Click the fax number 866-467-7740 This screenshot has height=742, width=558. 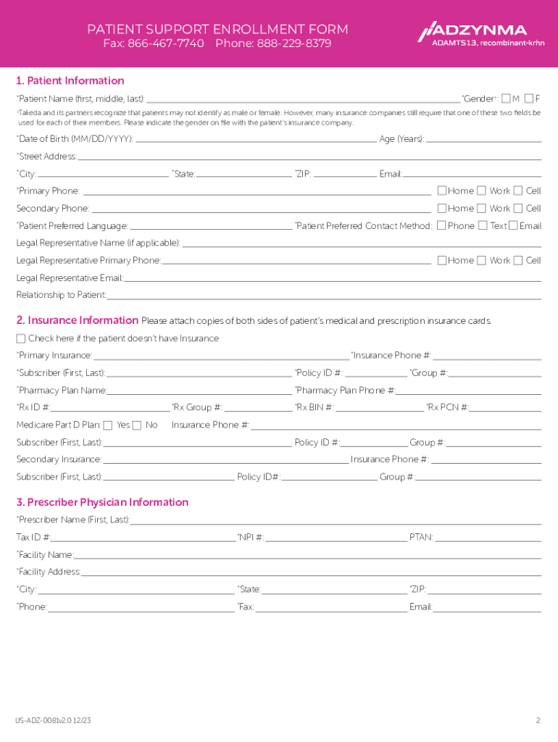[165, 43]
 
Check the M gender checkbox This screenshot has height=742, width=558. [506, 99]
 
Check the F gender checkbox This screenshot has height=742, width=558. [529, 99]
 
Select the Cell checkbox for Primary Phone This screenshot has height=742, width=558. [517, 191]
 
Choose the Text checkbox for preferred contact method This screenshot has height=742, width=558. [482, 226]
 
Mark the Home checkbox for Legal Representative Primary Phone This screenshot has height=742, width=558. [441, 260]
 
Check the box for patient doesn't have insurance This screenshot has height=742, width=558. [21, 338]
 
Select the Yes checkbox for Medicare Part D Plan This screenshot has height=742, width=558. [108, 425]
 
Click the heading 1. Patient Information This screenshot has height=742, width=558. [70, 80]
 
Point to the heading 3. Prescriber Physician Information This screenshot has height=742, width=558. [102, 502]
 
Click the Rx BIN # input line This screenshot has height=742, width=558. [380, 408]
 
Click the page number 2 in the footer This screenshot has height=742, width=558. [538, 720]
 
